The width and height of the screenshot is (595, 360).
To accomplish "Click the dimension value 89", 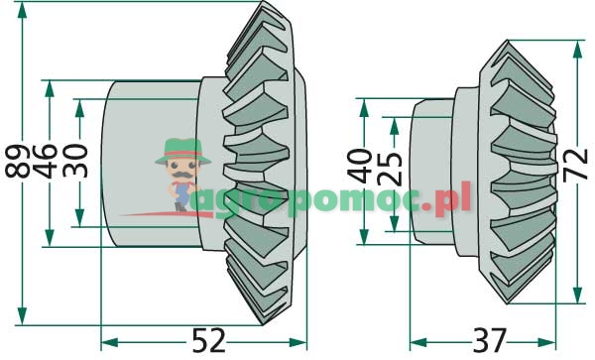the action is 18,161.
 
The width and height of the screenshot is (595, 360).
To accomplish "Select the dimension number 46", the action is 46,161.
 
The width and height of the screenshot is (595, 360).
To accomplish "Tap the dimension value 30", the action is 75,161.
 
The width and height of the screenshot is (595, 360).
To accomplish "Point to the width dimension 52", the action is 208,340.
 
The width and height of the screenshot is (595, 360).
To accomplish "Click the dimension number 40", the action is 360,167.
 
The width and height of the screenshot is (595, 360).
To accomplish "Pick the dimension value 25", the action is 390,169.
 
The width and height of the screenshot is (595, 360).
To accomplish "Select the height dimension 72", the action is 575,165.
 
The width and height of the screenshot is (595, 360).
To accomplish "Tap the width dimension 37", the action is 490,340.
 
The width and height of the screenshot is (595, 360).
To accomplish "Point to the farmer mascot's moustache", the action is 182,175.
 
